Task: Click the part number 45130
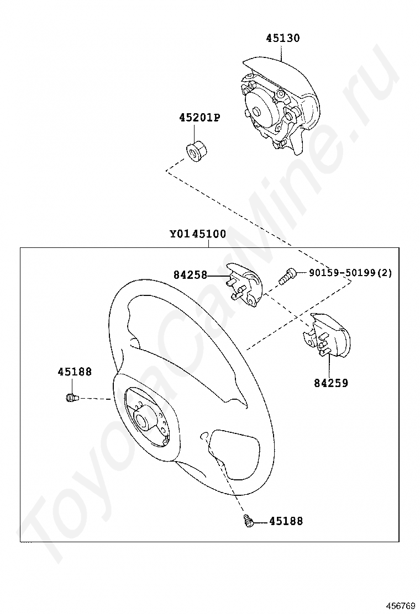click(x=282, y=38)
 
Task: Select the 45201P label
click(x=199, y=118)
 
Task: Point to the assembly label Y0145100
click(x=197, y=234)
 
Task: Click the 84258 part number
click(x=190, y=274)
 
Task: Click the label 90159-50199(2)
click(x=350, y=273)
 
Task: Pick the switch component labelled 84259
click(x=329, y=337)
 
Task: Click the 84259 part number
click(x=331, y=383)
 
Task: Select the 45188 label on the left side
click(x=75, y=372)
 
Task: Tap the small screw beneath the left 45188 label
click(x=71, y=397)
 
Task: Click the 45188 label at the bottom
click(x=286, y=521)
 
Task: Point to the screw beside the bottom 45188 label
click(x=248, y=520)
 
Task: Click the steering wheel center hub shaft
click(x=143, y=419)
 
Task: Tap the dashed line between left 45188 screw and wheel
click(x=95, y=398)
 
